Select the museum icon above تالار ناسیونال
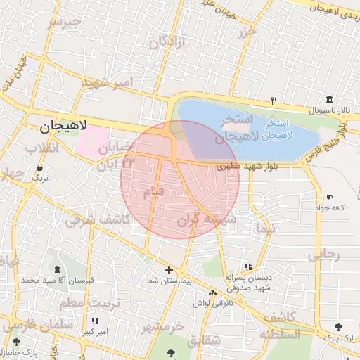pos(328,100)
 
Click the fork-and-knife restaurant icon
pos(274,101)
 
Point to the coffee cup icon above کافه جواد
pos(329,198)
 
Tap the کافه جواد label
pos(329,208)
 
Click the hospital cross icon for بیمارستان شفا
pos(169,270)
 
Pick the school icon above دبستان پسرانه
pos(247,267)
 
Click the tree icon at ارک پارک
pos(340,327)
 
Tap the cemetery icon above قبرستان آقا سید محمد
pos(56,270)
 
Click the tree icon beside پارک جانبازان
pos(11,342)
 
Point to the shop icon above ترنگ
pos(39,168)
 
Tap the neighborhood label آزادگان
pos(167,42)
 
